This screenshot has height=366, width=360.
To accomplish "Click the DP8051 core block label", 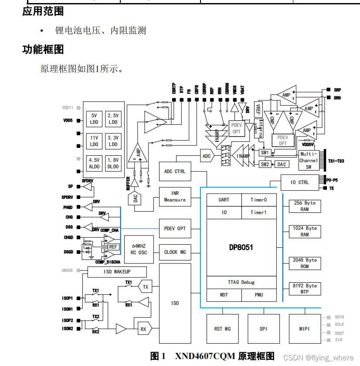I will (x=241, y=247).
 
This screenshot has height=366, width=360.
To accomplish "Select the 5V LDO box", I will (x=95, y=119).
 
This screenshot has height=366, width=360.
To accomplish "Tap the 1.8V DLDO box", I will (x=113, y=163).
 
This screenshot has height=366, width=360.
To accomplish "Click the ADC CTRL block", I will (x=175, y=171).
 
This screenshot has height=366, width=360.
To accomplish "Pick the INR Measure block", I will (x=175, y=196).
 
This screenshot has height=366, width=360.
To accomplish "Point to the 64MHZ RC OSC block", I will (x=139, y=249).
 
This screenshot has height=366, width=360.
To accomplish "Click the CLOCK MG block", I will (x=175, y=252).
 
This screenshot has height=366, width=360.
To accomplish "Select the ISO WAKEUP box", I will (x=117, y=272).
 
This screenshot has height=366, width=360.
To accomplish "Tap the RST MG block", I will (x=222, y=328).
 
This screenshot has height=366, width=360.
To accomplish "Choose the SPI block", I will (x=263, y=328).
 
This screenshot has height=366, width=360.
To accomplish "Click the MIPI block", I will (x=304, y=328).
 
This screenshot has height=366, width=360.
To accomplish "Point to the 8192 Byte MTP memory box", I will (x=305, y=289).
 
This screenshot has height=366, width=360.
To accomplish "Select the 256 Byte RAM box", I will (x=305, y=206).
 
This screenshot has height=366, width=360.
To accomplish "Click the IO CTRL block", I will (x=300, y=182).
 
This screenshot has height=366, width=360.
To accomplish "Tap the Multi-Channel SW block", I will (x=309, y=160).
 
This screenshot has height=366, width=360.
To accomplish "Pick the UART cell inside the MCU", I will (x=224, y=200).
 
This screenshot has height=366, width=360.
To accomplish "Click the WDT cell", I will (x=224, y=295).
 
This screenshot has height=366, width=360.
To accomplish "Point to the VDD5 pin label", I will (x=67, y=120).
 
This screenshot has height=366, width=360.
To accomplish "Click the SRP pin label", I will (x=337, y=90).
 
